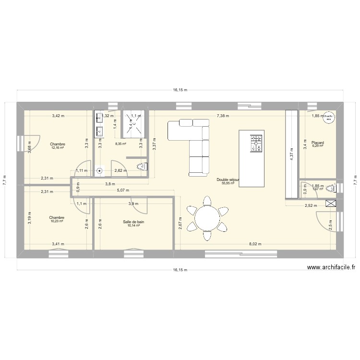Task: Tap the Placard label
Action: pos(317,143)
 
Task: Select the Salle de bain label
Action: pos(133,222)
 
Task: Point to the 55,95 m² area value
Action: pos(228,183)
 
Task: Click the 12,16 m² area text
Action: pos(59,147)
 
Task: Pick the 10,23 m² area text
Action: pos(57,221)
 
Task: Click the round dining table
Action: pos(207,218)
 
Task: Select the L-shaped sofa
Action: pos(192,144)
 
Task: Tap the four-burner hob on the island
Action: pos(256,143)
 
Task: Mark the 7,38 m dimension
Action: pos(223,116)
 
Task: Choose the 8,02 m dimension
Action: pos(255,244)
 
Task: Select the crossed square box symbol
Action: pos(331,204)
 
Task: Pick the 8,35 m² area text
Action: pos(120,144)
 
